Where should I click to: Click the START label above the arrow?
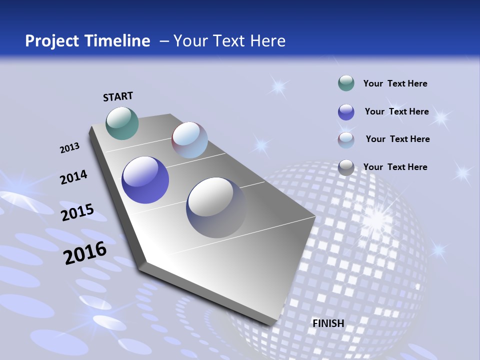click(x=118, y=96)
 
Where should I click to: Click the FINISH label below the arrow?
click(x=328, y=323)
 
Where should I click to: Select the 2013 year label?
click(x=69, y=148)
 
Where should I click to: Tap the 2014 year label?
click(x=73, y=177)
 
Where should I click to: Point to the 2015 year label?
click(x=77, y=212)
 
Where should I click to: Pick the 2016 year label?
click(x=85, y=253)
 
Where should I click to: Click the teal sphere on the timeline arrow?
click(x=122, y=123)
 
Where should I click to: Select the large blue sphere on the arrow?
click(x=145, y=180)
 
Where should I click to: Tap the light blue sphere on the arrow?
click(x=189, y=140)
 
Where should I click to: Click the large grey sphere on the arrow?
click(x=216, y=207)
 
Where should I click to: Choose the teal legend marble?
click(x=346, y=83)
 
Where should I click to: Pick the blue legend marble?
click(x=346, y=112)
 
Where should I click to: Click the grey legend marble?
click(x=346, y=167)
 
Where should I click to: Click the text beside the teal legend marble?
click(x=395, y=83)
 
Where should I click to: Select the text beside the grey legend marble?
click(x=395, y=167)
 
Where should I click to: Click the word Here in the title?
click(x=267, y=41)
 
